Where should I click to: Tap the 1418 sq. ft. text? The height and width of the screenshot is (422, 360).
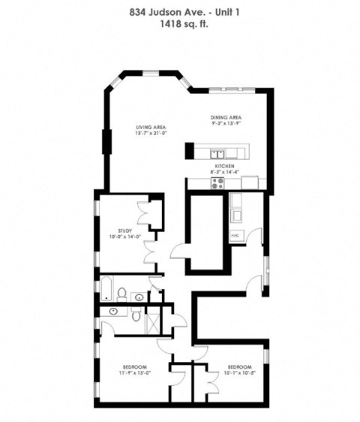point(180,24)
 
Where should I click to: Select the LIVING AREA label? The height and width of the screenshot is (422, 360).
point(150,128)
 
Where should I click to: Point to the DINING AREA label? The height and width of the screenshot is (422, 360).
point(225,118)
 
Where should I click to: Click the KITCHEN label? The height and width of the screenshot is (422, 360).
point(226,165)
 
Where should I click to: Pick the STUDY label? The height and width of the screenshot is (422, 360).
point(125,231)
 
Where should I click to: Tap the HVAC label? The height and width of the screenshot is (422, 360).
point(235,235)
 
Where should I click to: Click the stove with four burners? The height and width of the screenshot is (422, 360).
point(218,182)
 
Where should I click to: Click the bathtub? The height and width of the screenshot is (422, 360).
point(106,288)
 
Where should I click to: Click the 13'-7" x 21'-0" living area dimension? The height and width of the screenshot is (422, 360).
point(150,135)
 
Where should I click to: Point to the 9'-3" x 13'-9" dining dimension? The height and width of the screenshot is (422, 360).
point(225,125)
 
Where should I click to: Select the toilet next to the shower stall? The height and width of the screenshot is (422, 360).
point(136,316)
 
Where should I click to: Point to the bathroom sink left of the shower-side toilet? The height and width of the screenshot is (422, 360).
point(113,310)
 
